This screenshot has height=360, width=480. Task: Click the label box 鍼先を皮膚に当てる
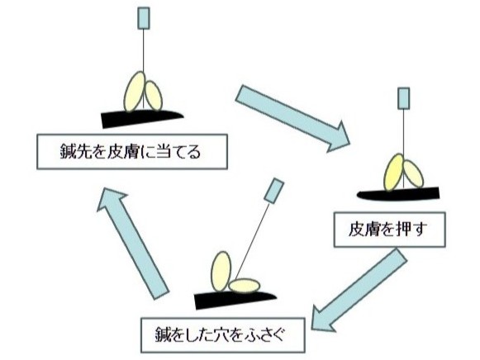(132, 151)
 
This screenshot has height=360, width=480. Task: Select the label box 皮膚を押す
(389, 229)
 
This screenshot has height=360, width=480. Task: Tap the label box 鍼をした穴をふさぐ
(223, 335)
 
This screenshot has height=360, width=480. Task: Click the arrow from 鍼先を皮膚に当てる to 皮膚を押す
(292, 118)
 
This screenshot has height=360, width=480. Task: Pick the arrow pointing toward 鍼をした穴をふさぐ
(359, 290)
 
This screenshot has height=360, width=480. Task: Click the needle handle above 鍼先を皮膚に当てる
(143, 18)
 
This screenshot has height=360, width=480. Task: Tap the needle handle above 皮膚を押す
(403, 98)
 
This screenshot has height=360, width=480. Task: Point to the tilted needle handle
(273, 191)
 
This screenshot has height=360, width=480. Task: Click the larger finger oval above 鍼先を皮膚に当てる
(134, 92)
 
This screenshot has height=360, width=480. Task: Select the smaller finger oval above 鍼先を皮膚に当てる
(154, 96)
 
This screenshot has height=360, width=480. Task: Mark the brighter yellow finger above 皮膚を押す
(394, 173)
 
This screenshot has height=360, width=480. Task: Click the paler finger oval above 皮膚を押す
(413, 173)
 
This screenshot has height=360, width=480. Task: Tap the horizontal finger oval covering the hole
(245, 286)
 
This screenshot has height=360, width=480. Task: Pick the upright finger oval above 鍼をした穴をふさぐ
(221, 272)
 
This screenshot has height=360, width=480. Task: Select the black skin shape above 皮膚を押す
(398, 194)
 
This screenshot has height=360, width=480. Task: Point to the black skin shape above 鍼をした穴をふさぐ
(234, 300)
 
